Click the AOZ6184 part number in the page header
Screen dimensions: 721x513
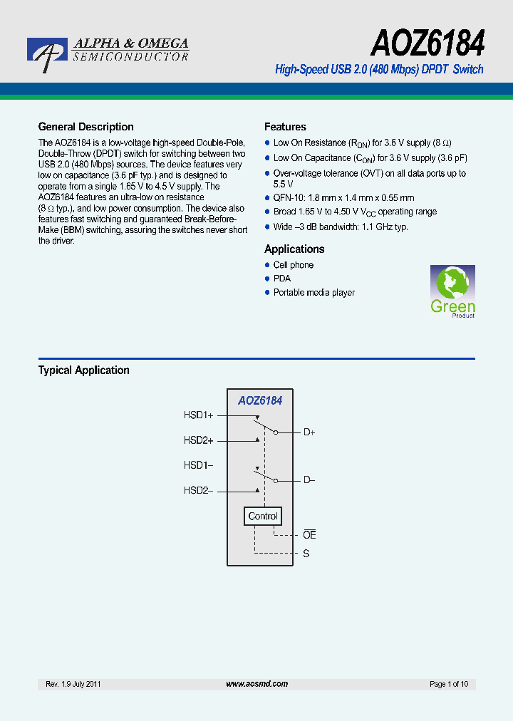pyautogui.click(x=427, y=44)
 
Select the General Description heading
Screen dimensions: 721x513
pyautogui.click(x=85, y=127)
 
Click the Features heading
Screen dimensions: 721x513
pyautogui.click(x=285, y=127)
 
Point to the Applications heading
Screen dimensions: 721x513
pyautogui.click(x=294, y=249)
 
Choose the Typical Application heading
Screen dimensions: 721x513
pyautogui.click(x=83, y=370)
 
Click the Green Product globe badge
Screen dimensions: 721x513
pyautogui.click(x=452, y=291)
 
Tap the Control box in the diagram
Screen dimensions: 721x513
pyautogui.click(x=263, y=516)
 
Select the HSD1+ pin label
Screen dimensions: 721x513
pyautogui.click(x=199, y=415)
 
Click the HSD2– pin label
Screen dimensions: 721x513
pyautogui.click(x=199, y=490)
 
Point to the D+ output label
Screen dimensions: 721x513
pyautogui.click(x=309, y=432)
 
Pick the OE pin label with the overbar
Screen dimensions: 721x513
pyautogui.click(x=309, y=535)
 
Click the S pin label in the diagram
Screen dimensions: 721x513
pyautogui.click(x=306, y=554)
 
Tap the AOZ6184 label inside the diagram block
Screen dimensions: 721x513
pyautogui.click(x=260, y=400)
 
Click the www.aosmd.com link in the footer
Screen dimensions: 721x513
pyautogui.click(x=256, y=684)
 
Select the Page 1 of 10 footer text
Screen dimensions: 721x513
pyautogui.click(x=449, y=684)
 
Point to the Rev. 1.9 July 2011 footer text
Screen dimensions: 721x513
pyautogui.click(x=73, y=684)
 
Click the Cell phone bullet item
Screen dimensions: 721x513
pyautogui.click(x=293, y=265)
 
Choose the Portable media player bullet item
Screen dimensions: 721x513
pyautogui.click(x=313, y=293)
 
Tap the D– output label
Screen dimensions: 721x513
pyautogui.click(x=309, y=479)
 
